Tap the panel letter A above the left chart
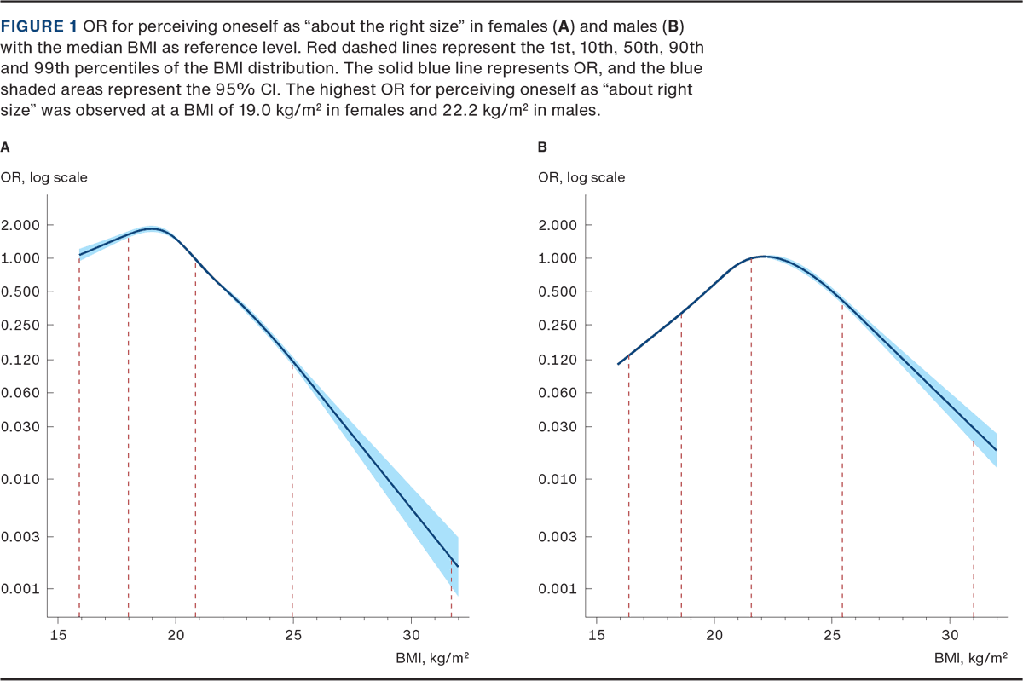pyautogui.click(x=6, y=147)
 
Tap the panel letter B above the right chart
pyautogui.click(x=542, y=147)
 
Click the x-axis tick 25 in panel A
pyautogui.click(x=293, y=634)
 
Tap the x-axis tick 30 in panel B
pyautogui.click(x=949, y=634)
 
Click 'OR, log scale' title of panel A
pyautogui.click(x=43, y=177)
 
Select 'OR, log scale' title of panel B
pyautogui.click(x=581, y=177)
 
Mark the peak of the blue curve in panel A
pyautogui.click(x=153, y=229)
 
